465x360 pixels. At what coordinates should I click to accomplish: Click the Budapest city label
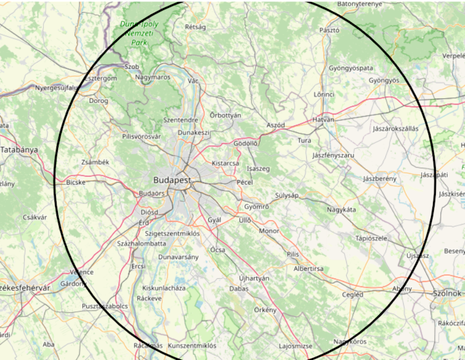pos(171,180)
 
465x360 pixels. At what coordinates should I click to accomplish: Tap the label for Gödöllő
pos(246,143)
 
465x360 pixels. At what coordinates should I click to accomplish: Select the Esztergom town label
pos(101,78)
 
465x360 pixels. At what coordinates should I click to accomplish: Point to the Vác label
pos(193,80)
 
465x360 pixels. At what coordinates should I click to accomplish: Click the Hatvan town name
pos(324,120)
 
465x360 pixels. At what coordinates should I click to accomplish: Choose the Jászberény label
pos(380,179)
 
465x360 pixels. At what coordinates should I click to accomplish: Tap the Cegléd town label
pos(352,294)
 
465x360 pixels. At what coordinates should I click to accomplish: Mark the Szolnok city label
pos(446,293)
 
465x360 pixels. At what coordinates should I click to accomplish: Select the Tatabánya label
pos(19,149)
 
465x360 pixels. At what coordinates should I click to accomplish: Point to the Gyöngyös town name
pos(384,80)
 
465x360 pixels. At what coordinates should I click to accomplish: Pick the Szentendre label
pos(180,120)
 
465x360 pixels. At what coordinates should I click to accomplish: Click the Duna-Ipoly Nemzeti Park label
pos(138,33)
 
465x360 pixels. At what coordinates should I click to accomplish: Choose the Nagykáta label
pos(341,209)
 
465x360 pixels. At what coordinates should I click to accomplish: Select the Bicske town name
pos(76,181)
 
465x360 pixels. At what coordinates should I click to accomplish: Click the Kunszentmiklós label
pos(192,345)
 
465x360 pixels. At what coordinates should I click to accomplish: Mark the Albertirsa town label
pos(308,268)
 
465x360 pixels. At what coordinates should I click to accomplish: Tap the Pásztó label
pos(329,30)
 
